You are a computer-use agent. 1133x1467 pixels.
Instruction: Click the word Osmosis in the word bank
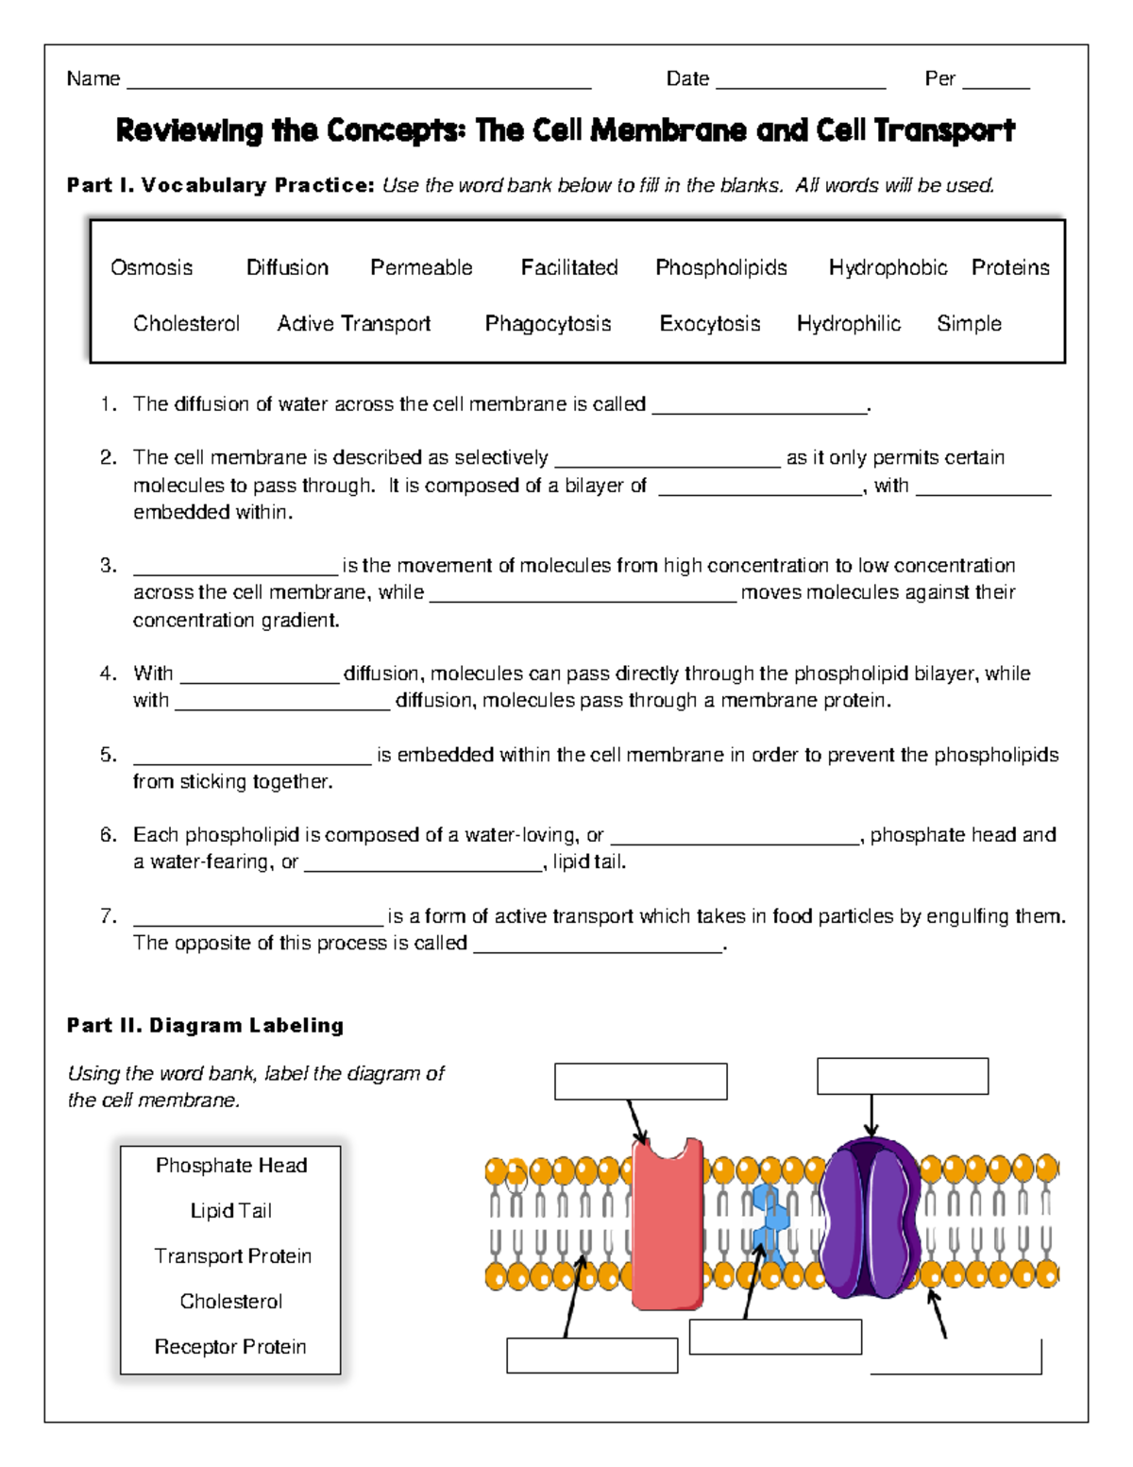tap(151, 268)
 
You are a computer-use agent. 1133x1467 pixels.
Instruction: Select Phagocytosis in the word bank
tap(548, 324)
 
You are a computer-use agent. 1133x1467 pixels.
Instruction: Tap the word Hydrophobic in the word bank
tap(888, 268)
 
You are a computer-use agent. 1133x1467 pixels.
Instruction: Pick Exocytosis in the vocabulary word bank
tap(709, 324)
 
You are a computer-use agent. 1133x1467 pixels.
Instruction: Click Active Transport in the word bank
tap(353, 324)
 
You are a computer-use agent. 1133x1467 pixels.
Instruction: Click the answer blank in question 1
tap(759, 406)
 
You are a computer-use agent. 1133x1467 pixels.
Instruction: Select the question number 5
tap(109, 755)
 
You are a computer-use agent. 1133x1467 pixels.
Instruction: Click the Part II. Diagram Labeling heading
tap(205, 1026)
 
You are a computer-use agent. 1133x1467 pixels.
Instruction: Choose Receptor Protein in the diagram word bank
tap(230, 1347)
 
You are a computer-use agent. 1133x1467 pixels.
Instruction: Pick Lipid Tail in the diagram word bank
tap(230, 1211)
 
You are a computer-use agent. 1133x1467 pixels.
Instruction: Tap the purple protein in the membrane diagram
tap(869, 1219)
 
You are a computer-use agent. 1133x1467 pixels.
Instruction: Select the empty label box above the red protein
tap(640, 1082)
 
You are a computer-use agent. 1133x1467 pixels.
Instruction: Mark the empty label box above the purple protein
tap(902, 1076)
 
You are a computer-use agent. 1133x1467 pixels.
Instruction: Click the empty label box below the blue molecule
tap(775, 1338)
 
